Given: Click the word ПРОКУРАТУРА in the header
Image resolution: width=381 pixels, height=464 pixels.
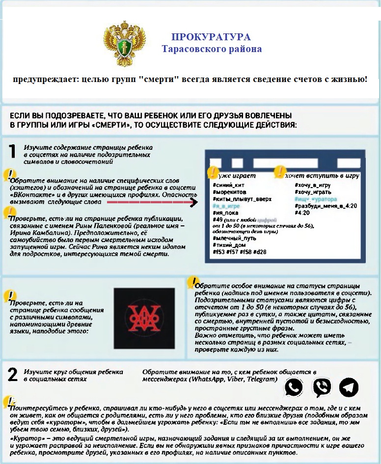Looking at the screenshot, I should point(211,37).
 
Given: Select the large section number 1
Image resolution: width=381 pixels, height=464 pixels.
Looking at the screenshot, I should point(14,151).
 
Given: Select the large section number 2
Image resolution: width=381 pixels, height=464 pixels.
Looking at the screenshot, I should point(13,375).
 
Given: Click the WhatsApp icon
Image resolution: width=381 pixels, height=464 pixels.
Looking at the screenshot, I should point(294,387).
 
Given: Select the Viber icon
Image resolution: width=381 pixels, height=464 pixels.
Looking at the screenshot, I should point(322,387).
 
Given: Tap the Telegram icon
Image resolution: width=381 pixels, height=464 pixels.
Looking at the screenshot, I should point(349,387).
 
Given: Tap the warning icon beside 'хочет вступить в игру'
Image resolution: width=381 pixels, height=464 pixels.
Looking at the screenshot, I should point(279,172).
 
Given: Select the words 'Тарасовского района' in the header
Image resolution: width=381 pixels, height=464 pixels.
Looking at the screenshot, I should point(212,49).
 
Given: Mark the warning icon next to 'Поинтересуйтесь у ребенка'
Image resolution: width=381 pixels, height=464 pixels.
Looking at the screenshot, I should point(9,401).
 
